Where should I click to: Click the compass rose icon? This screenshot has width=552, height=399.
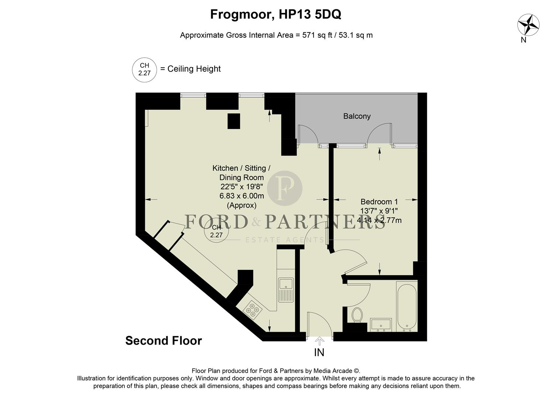pyautogui.click(x=528, y=25)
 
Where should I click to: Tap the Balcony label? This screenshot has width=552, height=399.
pyautogui.click(x=357, y=116)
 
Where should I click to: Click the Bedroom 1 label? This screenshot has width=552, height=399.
pyautogui.click(x=379, y=202)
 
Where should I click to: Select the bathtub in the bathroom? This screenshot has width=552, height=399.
pyautogui.click(x=407, y=306)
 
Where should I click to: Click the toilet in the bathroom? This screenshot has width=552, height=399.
pyautogui.click(x=357, y=315)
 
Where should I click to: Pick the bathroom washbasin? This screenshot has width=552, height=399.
pyautogui.click(x=381, y=324)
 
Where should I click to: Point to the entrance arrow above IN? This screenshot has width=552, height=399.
pyautogui.click(x=319, y=341)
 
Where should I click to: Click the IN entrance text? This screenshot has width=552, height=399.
pyautogui.click(x=319, y=352)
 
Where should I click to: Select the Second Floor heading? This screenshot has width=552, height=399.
pyautogui.click(x=164, y=341)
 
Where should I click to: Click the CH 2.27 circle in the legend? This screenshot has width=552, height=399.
pyautogui.click(x=144, y=69)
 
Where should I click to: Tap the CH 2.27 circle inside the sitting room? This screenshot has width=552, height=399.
pyautogui.click(x=216, y=231)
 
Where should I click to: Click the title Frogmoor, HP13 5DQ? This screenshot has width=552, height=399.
pyautogui.click(x=275, y=14)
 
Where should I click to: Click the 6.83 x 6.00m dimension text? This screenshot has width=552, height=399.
pyautogui.click(x=241, y=196)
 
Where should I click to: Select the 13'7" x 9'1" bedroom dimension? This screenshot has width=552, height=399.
pyautogui.click(x=379, y=211)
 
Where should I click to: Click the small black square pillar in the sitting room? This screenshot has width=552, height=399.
pyautogui.click(x=234, y=121)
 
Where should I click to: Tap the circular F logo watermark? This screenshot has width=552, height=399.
pyautogui.click(x=285, y=188)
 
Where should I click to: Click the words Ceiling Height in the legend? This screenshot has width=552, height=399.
pyautogui.click(x=194, y=69)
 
